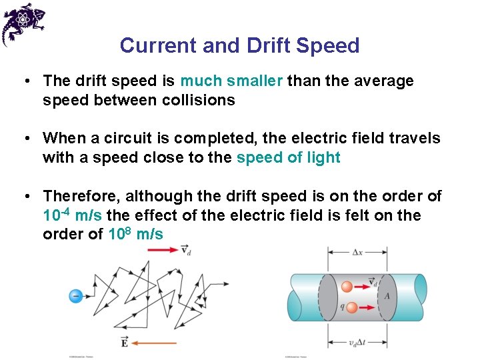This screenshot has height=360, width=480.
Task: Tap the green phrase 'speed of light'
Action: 288,158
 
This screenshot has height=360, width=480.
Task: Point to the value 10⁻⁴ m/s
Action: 72,215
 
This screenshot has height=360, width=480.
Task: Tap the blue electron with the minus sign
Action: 76,295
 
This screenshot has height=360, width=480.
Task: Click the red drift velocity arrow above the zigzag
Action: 163,250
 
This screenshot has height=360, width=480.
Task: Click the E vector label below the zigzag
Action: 125,343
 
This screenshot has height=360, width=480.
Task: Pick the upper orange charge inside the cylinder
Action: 347,287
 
